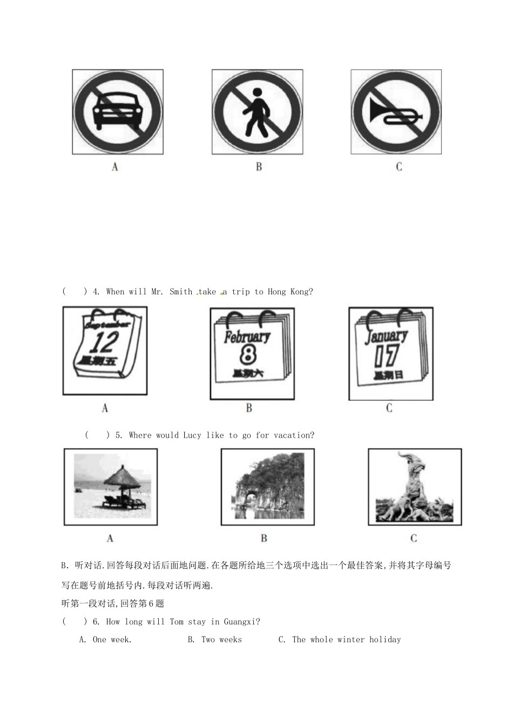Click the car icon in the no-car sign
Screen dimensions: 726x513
(x=117, y=111)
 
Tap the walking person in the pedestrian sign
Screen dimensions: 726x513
(x=255, y=112)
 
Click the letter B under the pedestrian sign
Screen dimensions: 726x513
(x=259, y=167)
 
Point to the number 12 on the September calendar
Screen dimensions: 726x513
(x=103, y=342)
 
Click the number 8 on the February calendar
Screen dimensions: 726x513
(x=247, y=355)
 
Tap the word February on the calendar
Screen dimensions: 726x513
(x=247, y=337)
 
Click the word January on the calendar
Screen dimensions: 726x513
(x=387, y=337)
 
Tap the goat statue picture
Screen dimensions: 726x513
(x=414, y=486)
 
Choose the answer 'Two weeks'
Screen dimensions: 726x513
(x=221, y=640)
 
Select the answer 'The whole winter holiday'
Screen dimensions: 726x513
(x=346, y=640)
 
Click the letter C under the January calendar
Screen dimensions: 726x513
(x=389, y=408)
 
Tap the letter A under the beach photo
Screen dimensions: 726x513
(x=110, y=538)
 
